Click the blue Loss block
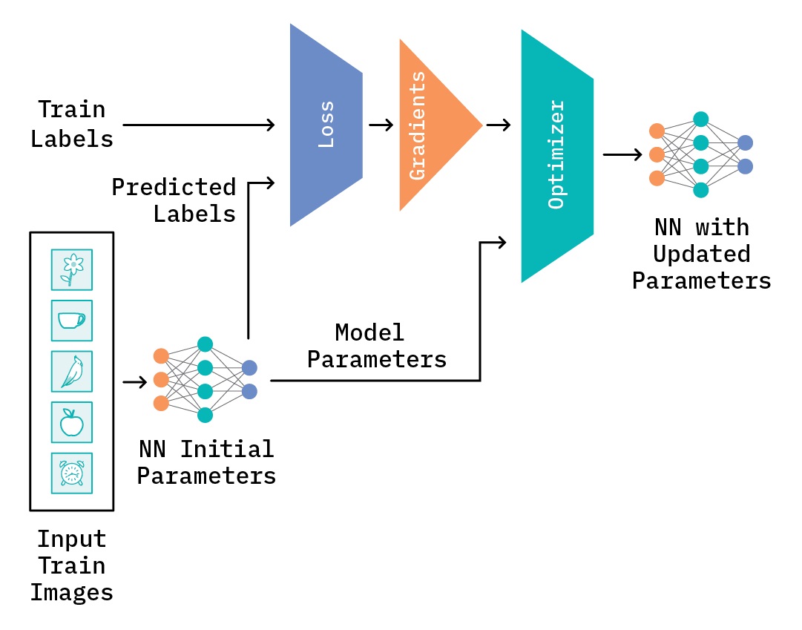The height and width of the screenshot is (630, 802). click(x=326, y=125)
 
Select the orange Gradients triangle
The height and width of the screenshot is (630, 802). click(x=430, y=125)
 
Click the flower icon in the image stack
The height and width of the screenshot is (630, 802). click(x=72, y=269)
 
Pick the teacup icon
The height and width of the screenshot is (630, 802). click(x=72, y=320)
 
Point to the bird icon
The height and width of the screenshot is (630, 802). click(x=72, y=371)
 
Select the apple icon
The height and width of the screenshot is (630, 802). click(x=72, y=422)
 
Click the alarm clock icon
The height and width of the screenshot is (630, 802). click(x=72, y=473)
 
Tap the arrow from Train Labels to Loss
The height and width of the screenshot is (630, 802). click(x=198, y=125)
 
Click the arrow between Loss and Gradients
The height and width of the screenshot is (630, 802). click(x=381, y=125)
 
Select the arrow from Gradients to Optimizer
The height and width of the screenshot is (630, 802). click(x=498, y=125)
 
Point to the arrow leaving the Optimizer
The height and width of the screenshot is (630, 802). click(x=622, y=154)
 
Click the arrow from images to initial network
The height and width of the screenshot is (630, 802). click(x=134, y=381)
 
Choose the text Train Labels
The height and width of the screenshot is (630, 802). click(x=72, y=124)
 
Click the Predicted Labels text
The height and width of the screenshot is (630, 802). click(x=174, y=200)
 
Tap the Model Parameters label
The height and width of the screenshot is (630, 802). click(x=377, y=346)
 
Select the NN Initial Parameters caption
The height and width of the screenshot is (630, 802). click(x=206, y=462)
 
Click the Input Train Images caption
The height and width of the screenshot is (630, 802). click(x=72, y=565)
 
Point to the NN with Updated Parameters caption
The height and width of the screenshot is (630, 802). click(x=701, y=254)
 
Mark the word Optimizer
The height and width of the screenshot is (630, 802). click(x=556, y=154)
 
